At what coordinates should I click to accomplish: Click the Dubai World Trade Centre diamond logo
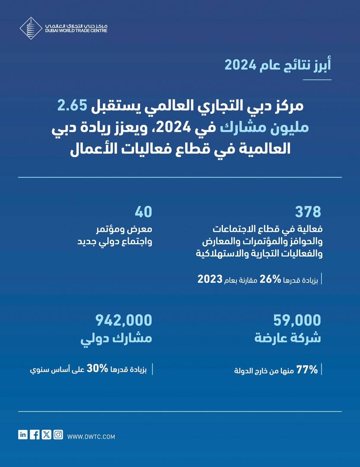[x=31, y=28]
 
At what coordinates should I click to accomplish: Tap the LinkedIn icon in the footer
[x=23, y=435]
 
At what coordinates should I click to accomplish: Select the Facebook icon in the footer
[x=35, y=435]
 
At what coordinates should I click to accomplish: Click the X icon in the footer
[x=47, y=435]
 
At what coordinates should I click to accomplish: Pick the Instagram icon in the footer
[x=58, y=435]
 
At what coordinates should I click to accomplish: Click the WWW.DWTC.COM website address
[x=91, y=437]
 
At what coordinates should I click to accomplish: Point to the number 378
[x=308, y=212]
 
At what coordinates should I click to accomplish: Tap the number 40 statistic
[x=143, y=212]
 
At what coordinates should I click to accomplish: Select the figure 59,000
[x=297, y=320]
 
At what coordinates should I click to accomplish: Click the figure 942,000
[x=124, y=320]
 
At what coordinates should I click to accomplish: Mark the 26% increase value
[x=271, y=279]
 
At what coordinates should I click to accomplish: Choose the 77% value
[x=307, y=370]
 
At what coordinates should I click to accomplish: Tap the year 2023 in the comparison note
[x=210, y=279]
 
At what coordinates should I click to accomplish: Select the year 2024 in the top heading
[x=240, y=65]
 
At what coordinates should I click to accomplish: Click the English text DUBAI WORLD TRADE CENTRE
[x=76, y=31]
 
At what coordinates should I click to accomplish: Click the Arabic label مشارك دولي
[x=117, y=338]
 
